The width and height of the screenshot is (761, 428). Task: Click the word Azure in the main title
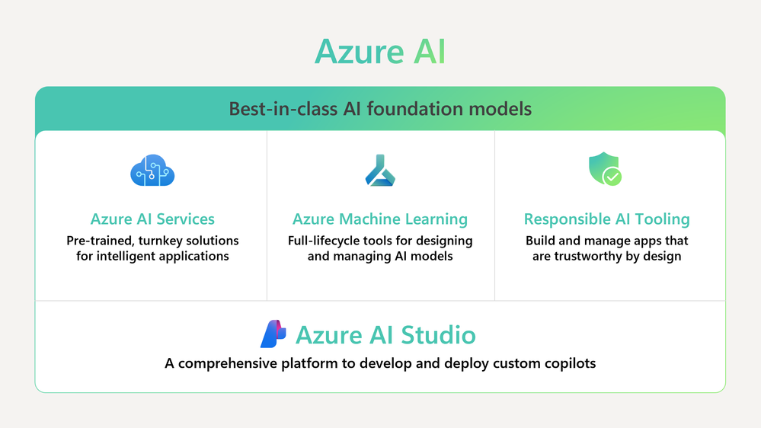click(x=359, y=52)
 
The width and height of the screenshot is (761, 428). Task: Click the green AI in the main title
click(x=429, y=52)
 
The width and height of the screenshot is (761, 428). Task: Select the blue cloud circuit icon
click(x=152, y=171)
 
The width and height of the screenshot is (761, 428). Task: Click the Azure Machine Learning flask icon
click(x=380, y=171)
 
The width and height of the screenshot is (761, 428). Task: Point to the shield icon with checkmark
click(x=605, y=168)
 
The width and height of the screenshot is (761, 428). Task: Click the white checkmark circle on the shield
click(x=612, y=177)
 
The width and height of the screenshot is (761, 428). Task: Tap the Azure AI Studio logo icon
click(x=273, y=334)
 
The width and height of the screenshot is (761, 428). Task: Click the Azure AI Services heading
click(x=152, y=219)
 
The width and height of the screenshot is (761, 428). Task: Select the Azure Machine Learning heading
click(x=380, y=219)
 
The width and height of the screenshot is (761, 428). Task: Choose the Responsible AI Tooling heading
click(x=606, y=219)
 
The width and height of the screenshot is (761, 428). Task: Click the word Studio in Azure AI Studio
click(x=438, y=335)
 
